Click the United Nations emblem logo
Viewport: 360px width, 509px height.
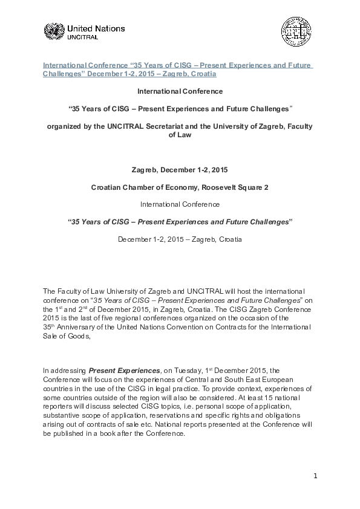click(53, 31)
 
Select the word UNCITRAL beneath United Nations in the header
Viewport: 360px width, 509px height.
click(82, 36)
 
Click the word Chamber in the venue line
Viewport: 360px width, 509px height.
click(137, 187)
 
